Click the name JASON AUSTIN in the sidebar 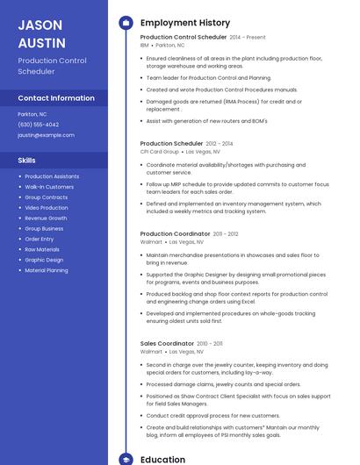[42, 33]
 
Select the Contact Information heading [56, 98]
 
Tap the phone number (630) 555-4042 [39, 125]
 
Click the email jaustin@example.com [46, 135]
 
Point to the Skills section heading [27, 161]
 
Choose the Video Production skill [47, 207]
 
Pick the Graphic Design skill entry [44, 260]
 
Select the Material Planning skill [47, 270]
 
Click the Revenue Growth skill [46, 218]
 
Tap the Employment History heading [185, 23]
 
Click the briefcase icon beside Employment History [126, 23]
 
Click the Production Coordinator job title [176, 234]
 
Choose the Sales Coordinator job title [167, 344]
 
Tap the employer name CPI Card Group [160, 151]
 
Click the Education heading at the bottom [162, 459]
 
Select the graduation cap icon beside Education [126, 459]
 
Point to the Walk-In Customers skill [49, 187]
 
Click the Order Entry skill [40, 239]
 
